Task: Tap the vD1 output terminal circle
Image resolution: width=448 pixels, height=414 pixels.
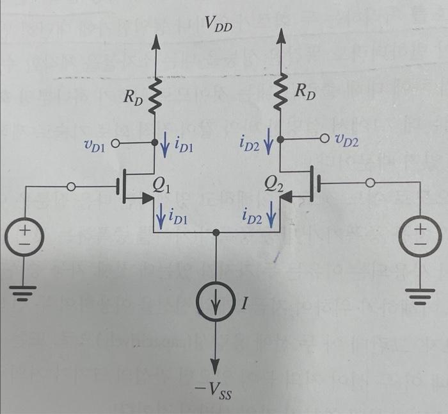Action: (116, 144)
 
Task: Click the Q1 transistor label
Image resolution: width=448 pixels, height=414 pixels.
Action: (162, 186)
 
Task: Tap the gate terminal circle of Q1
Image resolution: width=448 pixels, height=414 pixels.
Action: (71, 186)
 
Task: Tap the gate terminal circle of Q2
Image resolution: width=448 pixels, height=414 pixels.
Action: (368, 183)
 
